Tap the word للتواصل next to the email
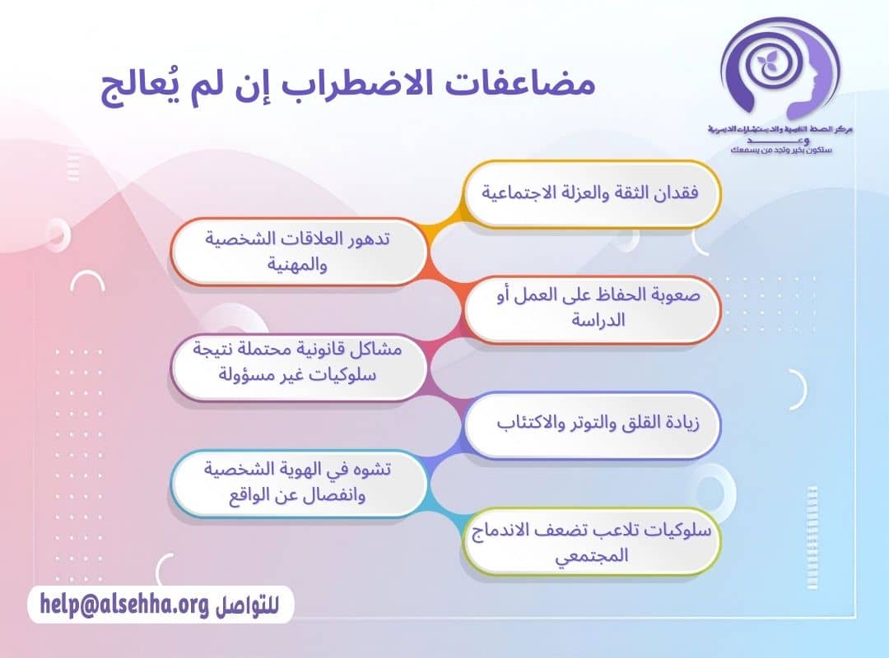pos(247,605)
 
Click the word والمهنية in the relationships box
pos(299,266)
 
